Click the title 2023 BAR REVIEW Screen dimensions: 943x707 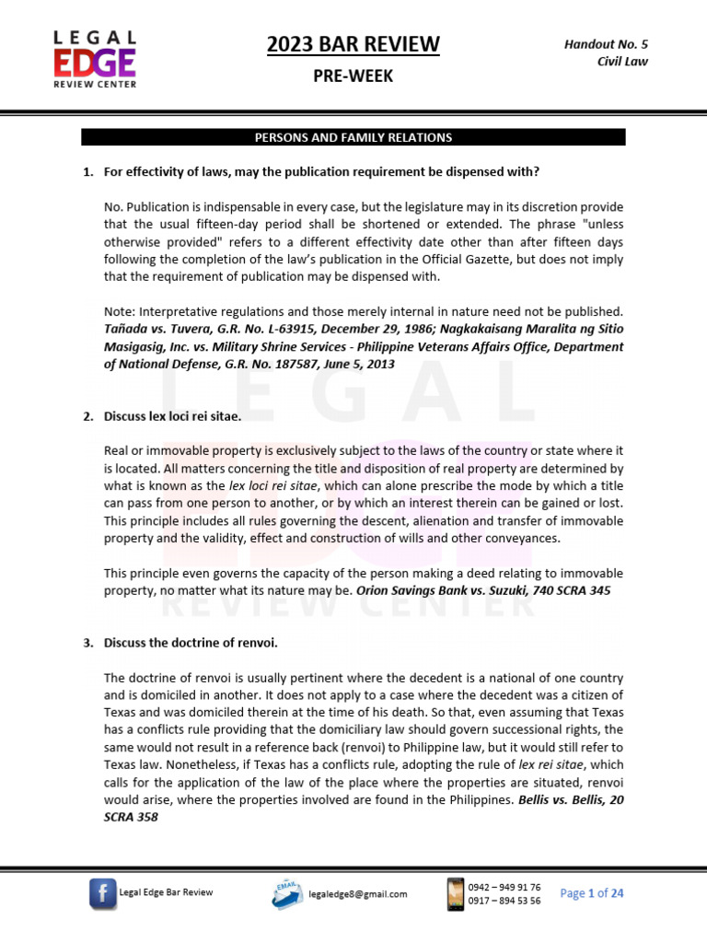353,44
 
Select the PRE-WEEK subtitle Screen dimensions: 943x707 353,76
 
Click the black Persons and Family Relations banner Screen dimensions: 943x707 353,137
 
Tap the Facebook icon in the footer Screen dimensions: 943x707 102,893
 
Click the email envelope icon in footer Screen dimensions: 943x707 288,892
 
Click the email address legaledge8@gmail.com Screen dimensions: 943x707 358,893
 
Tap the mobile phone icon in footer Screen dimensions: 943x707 454,893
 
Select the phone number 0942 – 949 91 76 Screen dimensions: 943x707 504,887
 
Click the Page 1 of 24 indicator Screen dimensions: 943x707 592,893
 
